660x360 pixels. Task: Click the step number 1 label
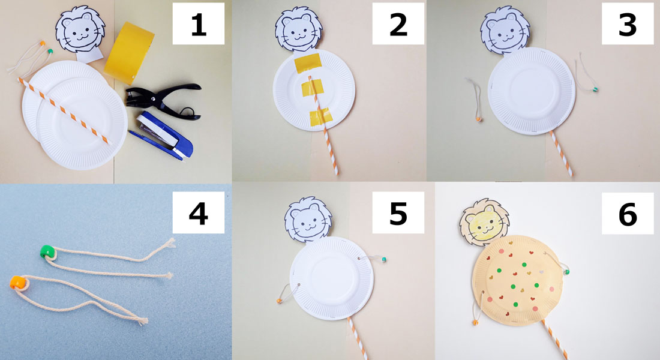click(x=198, y=24)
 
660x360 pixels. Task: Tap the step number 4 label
click(x=198, y=212)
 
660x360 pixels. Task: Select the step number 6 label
click(x=627, y=214)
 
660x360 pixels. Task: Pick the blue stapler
click(x=162, y=135)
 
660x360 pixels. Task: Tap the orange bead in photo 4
click(x=17, y=282)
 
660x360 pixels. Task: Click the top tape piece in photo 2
click(x=308, y=63)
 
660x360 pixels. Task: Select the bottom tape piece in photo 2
click(x=321, y=117)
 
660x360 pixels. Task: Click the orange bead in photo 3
click(x=479, y=119)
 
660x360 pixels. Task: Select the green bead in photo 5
click(x=383, y=260)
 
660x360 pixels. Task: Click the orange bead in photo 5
click(x=278, y=301)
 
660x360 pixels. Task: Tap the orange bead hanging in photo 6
click(x=475, y=323)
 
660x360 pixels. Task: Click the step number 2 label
click(x=398, y=24)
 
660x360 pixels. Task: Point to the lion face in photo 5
click(x=308, y=220)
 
